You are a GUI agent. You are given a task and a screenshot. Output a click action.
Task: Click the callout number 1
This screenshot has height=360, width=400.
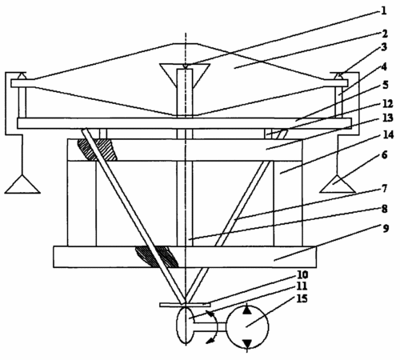(x=383, y=11)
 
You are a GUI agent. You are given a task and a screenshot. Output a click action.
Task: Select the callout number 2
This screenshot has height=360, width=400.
(x=384, y=34)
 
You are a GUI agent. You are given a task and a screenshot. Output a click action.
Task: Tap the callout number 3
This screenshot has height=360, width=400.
(x=384, y=47)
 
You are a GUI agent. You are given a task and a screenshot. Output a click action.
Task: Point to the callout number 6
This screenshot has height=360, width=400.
(x=384, y=155)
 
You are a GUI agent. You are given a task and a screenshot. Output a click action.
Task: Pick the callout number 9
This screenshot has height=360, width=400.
(x=386, y=229)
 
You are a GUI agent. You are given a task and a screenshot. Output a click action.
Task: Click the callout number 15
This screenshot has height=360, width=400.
(x=302, y=298)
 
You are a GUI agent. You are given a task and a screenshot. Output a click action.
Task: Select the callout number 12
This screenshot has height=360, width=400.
(x=388, y=103)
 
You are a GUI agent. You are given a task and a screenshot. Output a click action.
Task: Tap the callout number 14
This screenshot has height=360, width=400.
(x=388, y=135)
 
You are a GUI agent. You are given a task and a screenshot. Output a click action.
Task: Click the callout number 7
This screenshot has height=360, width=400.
(x=384, y=189)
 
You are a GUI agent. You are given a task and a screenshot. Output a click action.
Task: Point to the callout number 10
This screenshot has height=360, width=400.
(x=302, y=274)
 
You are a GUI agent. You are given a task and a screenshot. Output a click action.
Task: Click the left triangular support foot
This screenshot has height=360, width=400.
(x=22, y=184)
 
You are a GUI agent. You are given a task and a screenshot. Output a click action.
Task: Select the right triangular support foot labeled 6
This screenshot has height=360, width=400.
(x=338, y=184)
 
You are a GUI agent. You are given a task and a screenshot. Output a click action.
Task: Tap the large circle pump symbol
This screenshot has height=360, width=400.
(x=247, y=327)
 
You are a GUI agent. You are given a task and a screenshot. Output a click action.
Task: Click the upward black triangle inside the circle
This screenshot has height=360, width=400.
(x=247, y=310)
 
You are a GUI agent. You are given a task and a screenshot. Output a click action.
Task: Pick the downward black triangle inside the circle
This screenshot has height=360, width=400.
(x=248, y=344)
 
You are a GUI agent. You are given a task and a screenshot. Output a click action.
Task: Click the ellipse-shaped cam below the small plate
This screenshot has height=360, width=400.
(x=186, y=326)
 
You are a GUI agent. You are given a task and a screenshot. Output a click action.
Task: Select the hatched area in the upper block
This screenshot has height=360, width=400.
(x=97, y=150)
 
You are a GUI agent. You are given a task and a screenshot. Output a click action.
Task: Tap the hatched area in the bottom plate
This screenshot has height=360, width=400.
(x=157, y=257)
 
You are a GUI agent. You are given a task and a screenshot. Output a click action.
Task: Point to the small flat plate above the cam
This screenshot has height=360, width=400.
(x=185, y=305)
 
